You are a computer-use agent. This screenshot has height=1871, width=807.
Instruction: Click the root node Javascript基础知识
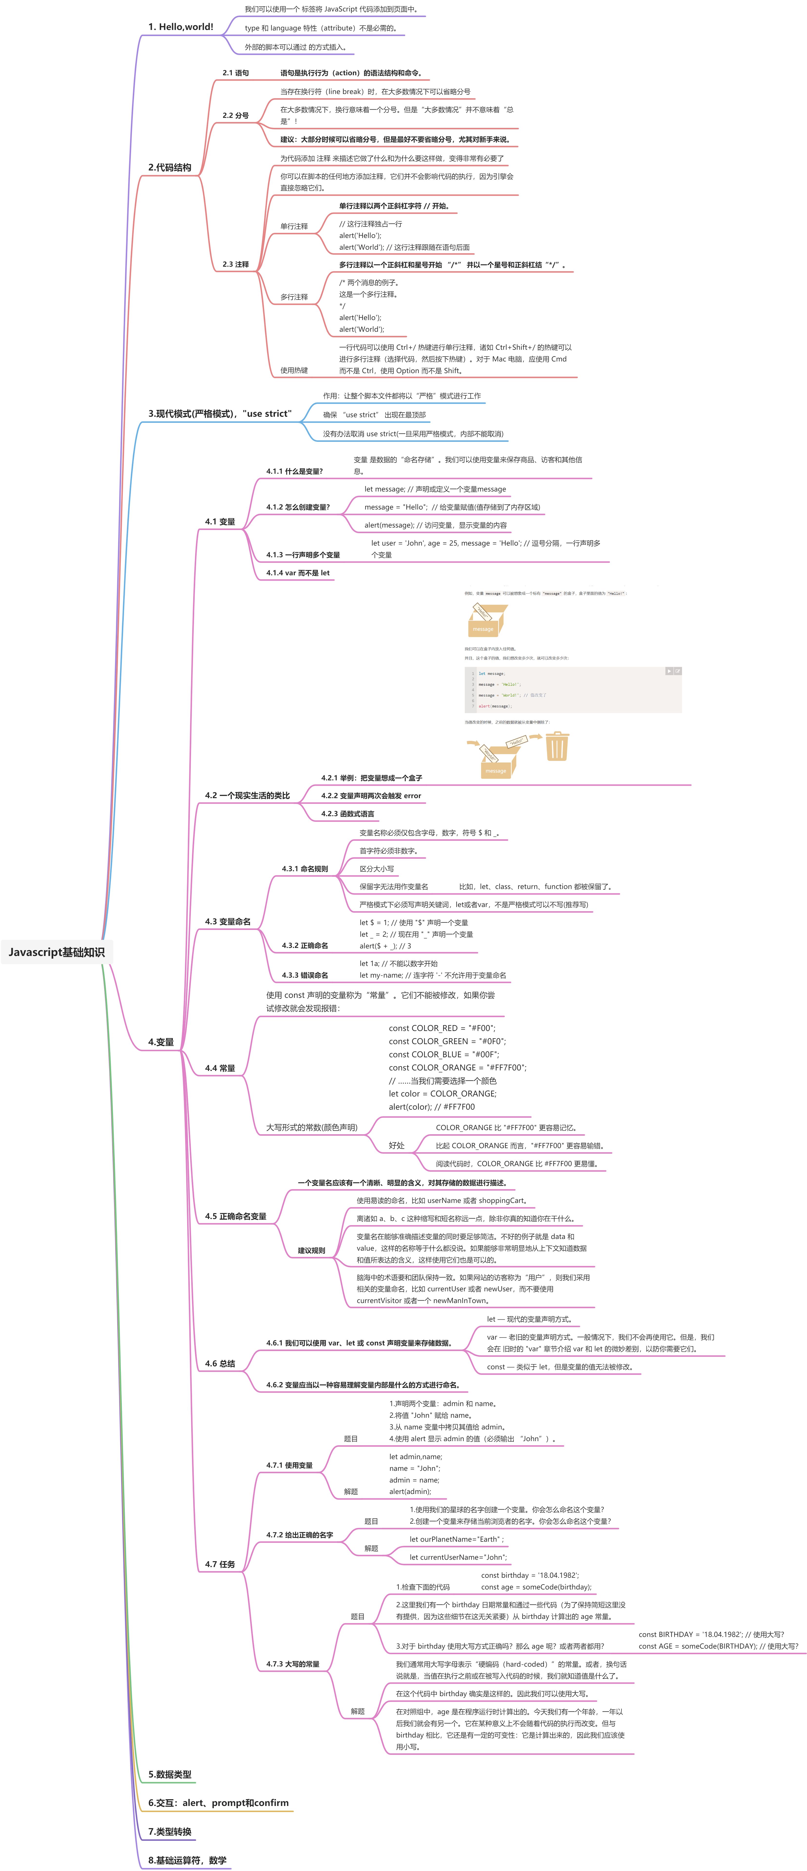pyautogui.click(x=57, y=952)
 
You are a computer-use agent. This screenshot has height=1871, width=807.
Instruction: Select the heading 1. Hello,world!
pyautogui.click(x=180, y=27)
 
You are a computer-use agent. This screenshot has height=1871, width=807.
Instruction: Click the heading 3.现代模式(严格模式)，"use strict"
pyautogui.click(x=219, y=414)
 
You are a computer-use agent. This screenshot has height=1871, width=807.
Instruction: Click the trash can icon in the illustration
pyautogui.click(x=557, y=746)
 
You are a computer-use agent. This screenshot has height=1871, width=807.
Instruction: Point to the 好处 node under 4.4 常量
pyautogui.click(x=397, y=1145)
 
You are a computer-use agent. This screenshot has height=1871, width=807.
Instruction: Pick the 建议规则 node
pyautogui.click(x=311, y=1251)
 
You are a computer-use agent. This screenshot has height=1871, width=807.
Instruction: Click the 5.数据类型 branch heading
pyautogui.click(x=169, y=1774)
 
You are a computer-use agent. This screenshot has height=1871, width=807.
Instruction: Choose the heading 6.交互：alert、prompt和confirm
pyautogui.click(x=218, y=1803)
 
